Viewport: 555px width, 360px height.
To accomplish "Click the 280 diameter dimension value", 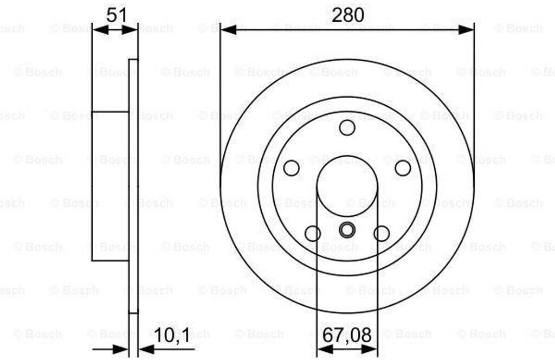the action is click(347, 15).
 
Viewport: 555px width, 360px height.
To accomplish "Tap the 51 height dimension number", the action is click(117, 15).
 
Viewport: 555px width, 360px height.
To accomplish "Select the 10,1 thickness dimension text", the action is click(172, 335).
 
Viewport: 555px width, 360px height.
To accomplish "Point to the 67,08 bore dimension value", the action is click(347, 335).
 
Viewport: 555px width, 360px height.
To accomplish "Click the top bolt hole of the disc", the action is click(347, 127).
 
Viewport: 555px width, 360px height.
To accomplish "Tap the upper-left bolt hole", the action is click(291, 168).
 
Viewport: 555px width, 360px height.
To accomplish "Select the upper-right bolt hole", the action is click(403, 168).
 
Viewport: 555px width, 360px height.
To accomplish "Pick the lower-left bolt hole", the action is click(313, 234).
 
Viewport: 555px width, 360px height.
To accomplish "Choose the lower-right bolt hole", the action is click(382, 234).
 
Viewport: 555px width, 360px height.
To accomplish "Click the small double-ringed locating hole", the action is click(347, 230).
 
